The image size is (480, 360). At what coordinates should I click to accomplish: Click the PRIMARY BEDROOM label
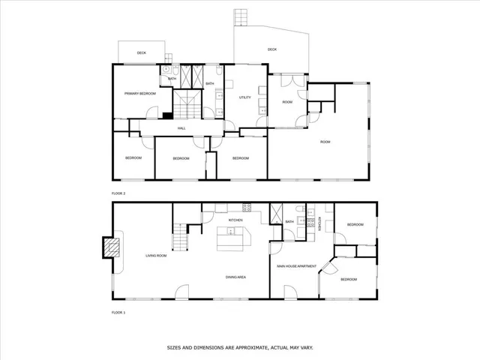click(x=139, y=93)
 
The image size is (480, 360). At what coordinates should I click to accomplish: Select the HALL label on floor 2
click(x=181, y=129)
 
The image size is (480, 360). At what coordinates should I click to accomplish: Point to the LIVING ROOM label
click(x=155, y=256)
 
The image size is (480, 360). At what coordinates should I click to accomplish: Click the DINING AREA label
click(x=236, y=277)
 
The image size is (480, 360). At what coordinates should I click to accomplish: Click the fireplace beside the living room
click(x=111, y=247)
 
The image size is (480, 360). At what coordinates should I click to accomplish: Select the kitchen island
click(x=232, y=240)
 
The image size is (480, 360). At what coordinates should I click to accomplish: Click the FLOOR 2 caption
click(x=118, y=193)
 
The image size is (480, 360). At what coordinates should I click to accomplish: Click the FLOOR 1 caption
click(x=118, y=311)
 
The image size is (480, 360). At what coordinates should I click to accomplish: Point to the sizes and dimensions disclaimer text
click(x=240, y=347)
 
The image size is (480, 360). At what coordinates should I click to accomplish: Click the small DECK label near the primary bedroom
click(x=141, y=53)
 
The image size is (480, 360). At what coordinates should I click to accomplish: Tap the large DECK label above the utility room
click(x=272, y=50)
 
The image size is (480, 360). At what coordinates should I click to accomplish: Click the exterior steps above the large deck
click(x=240, y=16)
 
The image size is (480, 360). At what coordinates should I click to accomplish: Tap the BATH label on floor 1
click(x=289, y=222)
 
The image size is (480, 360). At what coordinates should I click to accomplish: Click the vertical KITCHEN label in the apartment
click(x=318, y=223)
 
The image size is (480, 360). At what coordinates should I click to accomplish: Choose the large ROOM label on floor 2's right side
click(x=325, y=142)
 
